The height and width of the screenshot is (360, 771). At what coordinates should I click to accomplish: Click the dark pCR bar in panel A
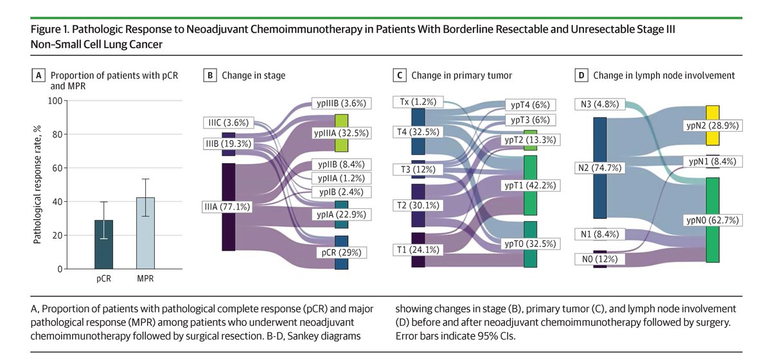(x=104, y=245)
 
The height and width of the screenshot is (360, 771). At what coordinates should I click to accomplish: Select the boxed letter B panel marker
(x=209, y=76)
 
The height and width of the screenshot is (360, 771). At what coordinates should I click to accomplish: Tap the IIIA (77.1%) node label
(x=226, y=207)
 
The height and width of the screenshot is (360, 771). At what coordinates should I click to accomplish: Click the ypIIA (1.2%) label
(x=340, y=178)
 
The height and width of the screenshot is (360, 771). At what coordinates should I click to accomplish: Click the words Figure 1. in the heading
(x=52, y=31)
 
